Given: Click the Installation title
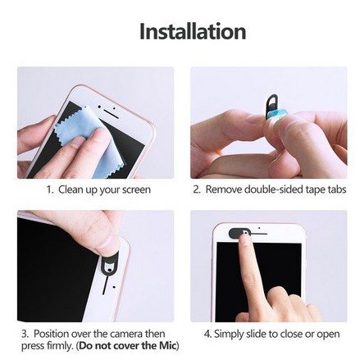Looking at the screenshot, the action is click(x=193, y=31).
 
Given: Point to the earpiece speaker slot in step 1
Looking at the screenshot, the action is click(x=111, y=114).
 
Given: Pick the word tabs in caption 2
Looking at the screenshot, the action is click(x=337, y=189).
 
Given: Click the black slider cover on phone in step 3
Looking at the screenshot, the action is click(x=110, y=263).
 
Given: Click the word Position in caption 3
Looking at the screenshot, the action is click(x=51, y=334).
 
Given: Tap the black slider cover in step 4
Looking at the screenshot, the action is click(x=239, y=233).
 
